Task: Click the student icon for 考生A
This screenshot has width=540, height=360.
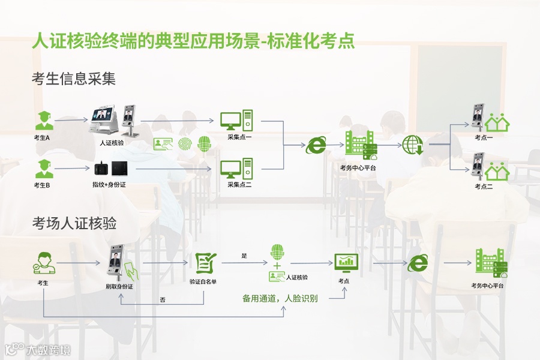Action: pyautogui.click(x=43, y=120)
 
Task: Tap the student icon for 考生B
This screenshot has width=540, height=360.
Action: pyautogui.click(x=43, y=168)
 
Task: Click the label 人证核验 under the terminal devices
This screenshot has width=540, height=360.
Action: pyautogui.click(x=112, y=143)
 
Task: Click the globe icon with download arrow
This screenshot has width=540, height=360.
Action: pyautogui.click(x=413, y=145)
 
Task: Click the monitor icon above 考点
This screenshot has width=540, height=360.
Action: pyautogui.click(x=346, y=262)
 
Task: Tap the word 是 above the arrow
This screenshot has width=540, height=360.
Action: pyautogui.click(x=244, y=256)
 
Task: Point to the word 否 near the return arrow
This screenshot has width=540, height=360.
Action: pyautogui.click(x=163, y=299)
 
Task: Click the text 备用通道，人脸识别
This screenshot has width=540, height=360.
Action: pyautogui.click(x=280, y=298)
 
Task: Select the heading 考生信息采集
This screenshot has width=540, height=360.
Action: pyautogui.click(x=74, y=79)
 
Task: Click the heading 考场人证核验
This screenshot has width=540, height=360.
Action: pyautogui.click(x=74, y=224)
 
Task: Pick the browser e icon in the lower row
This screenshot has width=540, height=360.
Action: pyautogui.click(x=418, y=262)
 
